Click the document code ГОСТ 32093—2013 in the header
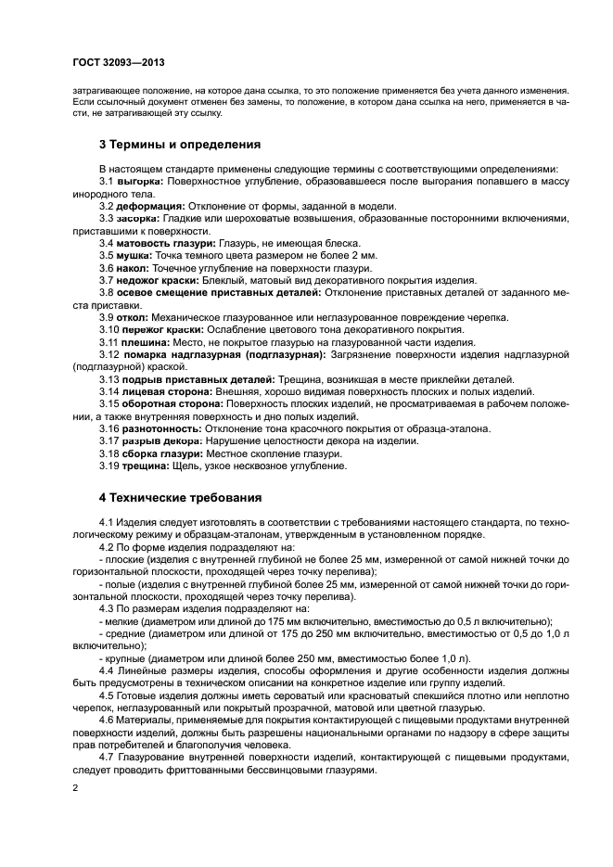pyautogui.click(x=118, y=63)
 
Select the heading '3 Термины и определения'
pyautogui.click(x=180, y=145)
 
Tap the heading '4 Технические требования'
pyautogui.click(x=181, y=497)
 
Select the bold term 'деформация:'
pyautogui.click(x=151, y=205)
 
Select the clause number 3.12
pyautogui.click(x=109, y=354)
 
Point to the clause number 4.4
pyautogui.click(x=106, y=670)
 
